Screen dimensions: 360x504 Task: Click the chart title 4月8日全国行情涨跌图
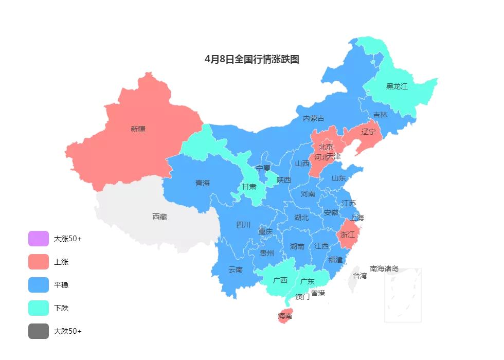click(252, 59)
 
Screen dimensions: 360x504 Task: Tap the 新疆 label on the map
click(138, 129)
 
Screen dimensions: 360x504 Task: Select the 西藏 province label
click(159, 217)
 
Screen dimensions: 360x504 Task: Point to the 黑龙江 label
click(397, 86)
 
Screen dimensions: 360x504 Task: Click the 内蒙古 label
click(314, 118)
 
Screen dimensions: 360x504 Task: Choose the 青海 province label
click(203, 183)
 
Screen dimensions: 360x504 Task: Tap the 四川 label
click(243, 225)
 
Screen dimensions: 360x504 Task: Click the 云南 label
click(236, 269)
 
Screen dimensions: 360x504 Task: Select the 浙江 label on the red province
click(347, 235)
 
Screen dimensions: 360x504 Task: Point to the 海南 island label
click(285, 316)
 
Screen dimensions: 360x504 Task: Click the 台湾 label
click(360, 276)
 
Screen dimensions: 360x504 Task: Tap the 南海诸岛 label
click(384, 268)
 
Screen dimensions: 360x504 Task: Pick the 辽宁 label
click(369, 132)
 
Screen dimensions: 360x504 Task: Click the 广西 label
click(280, 281)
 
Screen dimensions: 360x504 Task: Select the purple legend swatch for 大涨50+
click(39, 239)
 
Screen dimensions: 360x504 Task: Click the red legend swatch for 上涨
click(39, 262)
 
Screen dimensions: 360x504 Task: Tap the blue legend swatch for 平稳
click(39, 285)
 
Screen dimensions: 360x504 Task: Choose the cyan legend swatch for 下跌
click(39, 308)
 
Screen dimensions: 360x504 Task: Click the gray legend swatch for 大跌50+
click(39, 331)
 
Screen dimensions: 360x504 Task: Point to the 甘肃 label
click(249, 186)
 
